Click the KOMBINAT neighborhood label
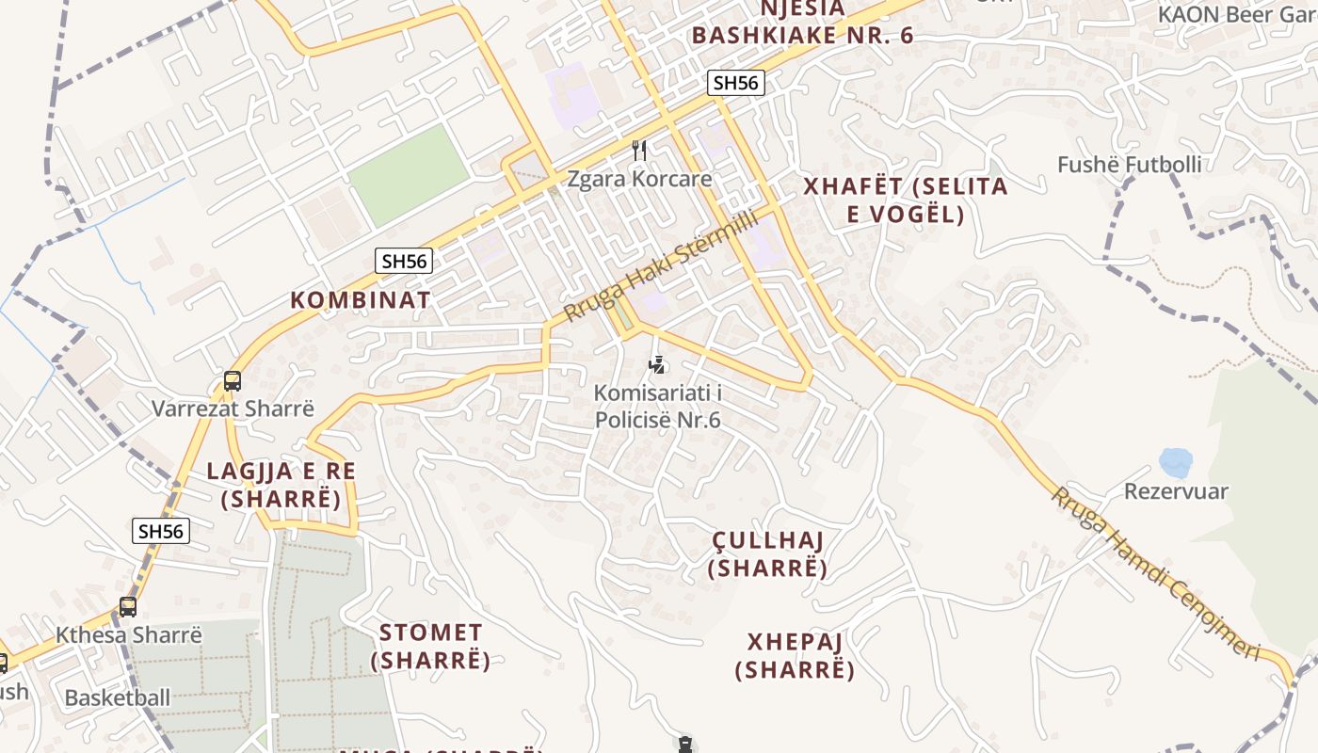click(361, 300)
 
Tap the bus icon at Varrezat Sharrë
click(233, 381)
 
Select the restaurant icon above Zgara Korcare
click(639, 150)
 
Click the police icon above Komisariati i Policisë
click(658, 364)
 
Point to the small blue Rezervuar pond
click(1175, 462)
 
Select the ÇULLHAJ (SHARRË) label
click(768, 554)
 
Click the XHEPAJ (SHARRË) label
click(796, 656)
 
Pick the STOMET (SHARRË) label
click(430, 647)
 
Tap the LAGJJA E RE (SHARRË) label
click(281, 485)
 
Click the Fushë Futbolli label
click(1129, 165)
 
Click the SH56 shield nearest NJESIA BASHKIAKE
click(735, 83)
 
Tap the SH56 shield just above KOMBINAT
click(404, 261)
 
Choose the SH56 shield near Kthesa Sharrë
click(161, 531)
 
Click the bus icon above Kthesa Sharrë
click(128, 607)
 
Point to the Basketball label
click(118, 697)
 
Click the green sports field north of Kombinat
click(409, 175)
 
